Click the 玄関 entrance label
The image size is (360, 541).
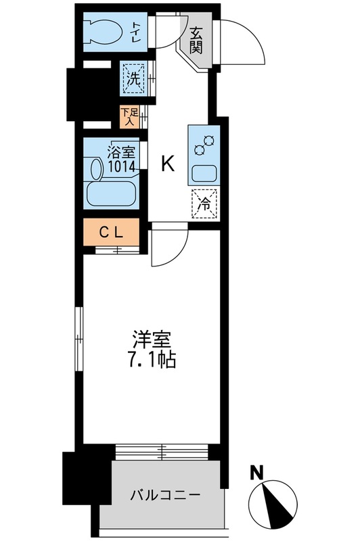(196, 40)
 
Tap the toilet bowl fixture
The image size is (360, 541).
(105, 31)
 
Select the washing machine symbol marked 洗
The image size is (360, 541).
(133, 77)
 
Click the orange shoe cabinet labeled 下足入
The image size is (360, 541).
(129, 118)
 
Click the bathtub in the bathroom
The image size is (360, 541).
(112, 193)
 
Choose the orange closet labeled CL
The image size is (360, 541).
(111, 233)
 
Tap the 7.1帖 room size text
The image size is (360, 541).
(153, 360)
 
